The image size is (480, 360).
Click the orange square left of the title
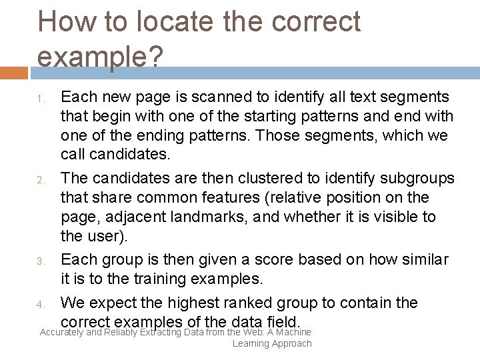(13, 73)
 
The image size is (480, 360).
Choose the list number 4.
(40, 305)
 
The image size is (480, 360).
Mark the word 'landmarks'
(205, 217)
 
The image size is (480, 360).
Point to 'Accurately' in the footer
(61, 332)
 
